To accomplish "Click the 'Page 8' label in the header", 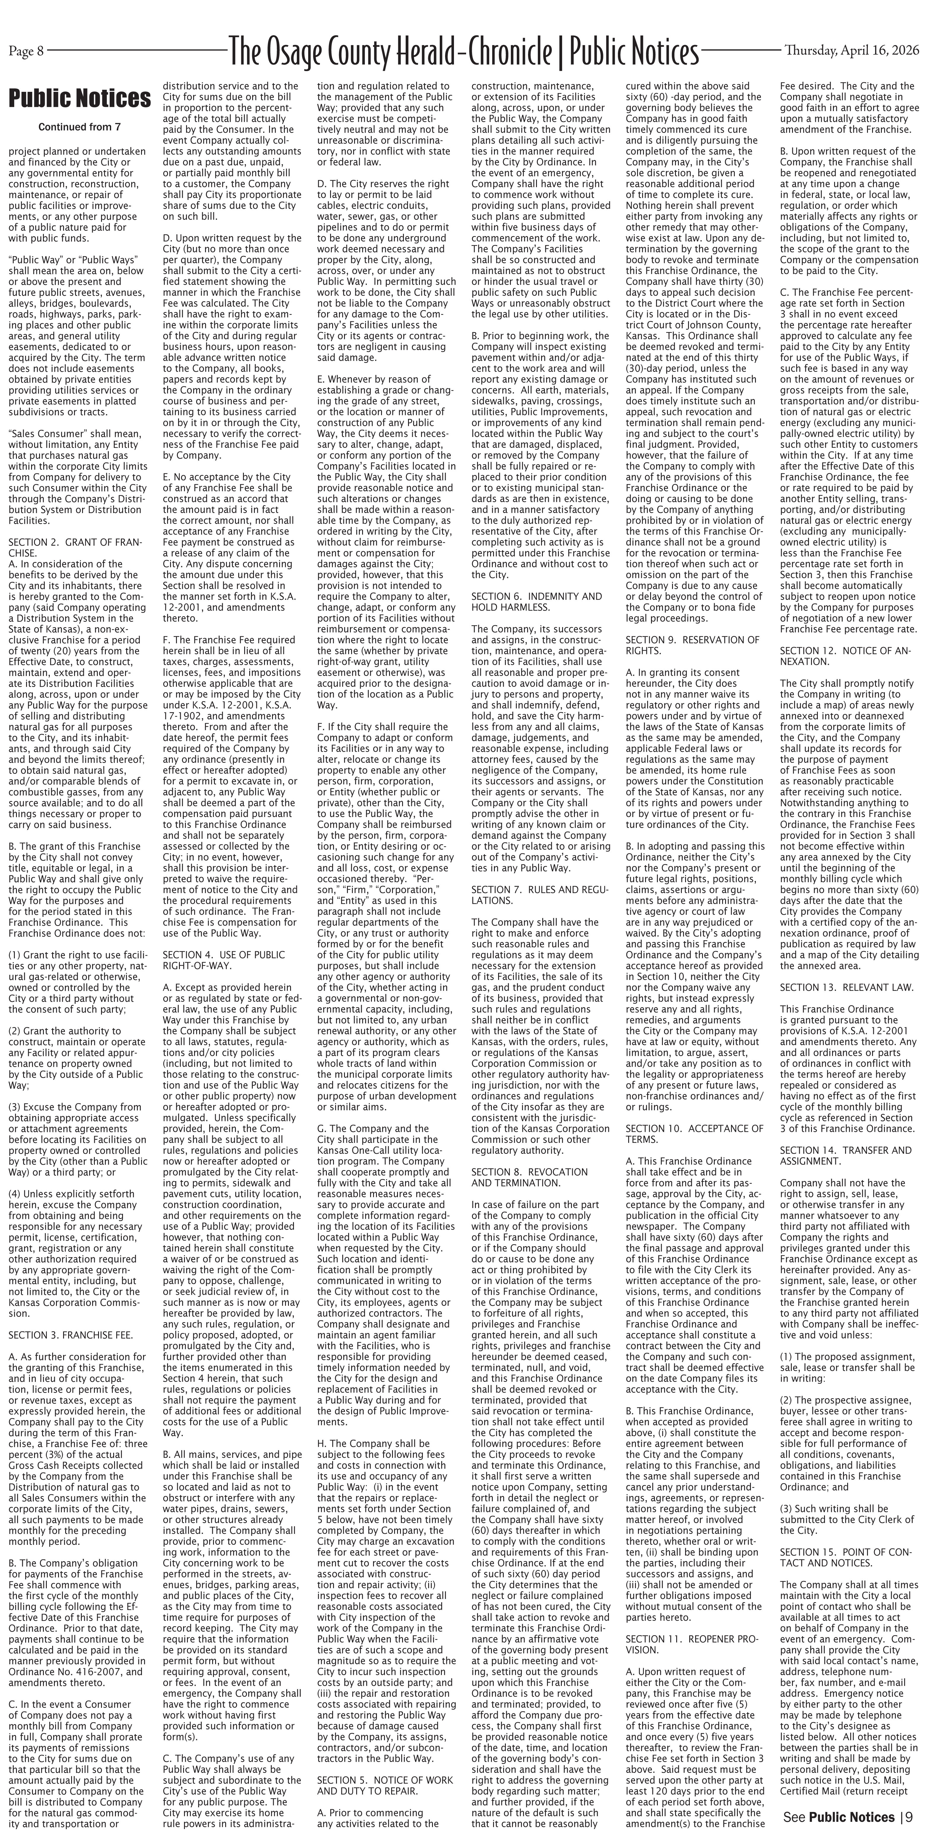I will (26, 50).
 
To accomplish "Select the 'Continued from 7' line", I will (80, 128).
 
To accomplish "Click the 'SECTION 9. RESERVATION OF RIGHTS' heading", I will (692, 645).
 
